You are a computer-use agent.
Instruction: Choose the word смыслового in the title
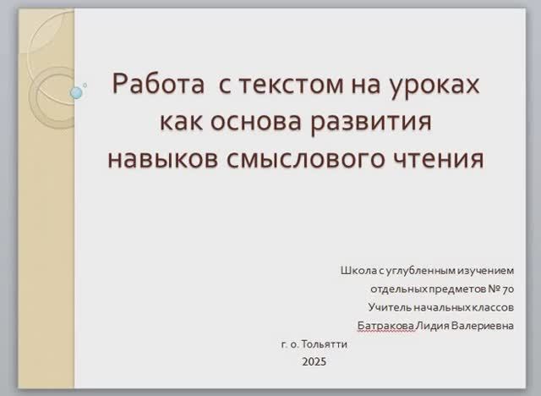click(x=308, y=158)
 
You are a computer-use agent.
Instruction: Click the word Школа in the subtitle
click(x=358, y=271)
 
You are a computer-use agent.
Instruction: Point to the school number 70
click(x=507, y=289)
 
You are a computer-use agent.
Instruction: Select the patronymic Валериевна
click(x=484, y=327)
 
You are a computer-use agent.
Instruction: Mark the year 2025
click(x=313, y=362)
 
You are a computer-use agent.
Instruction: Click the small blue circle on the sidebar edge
click(x=77, y=92)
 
